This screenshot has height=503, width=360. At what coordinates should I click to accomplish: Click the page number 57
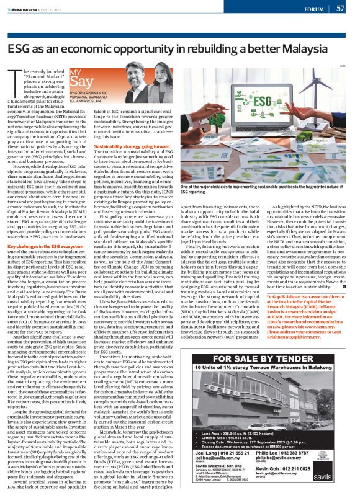340,8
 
